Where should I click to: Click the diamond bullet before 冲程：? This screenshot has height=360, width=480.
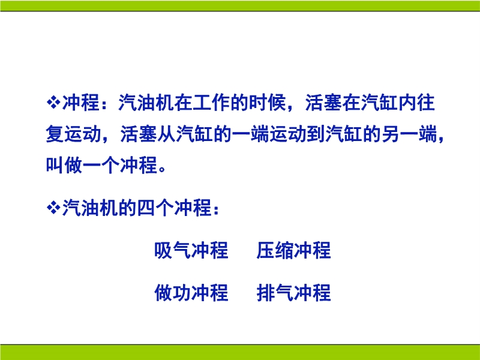click(53, 103)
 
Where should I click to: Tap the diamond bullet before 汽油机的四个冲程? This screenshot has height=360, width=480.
click(53, 208)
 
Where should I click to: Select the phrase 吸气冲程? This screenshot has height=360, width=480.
click(191, 250)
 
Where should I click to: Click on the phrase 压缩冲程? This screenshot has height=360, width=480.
click(294, 250)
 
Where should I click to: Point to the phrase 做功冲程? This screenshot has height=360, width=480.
click(191, 292)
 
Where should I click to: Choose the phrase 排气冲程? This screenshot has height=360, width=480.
click(294, 292)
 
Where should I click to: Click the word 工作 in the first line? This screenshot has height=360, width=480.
click(212, 103)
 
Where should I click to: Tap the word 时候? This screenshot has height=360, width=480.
click(268, 103)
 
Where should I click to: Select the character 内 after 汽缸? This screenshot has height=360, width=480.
click(407, 103)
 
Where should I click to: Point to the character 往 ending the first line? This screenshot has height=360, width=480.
click(425, 103)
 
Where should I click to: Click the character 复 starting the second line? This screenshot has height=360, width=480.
click(55, 134)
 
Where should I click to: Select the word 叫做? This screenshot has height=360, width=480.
click(64, 165)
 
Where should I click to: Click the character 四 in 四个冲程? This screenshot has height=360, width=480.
click(146, 208)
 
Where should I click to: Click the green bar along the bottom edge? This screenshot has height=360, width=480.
click(240, 352)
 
